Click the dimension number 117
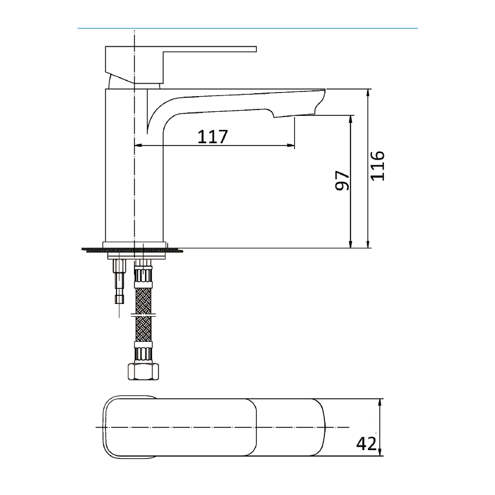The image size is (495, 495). (x=213, y=137)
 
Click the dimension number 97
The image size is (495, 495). (x=342, y=181)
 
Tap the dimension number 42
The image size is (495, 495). (x=365, y=444)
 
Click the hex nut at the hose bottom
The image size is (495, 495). (x=143, y=372)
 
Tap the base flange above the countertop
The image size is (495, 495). (x=134, y=245)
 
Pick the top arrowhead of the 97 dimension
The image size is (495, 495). (x=351, y=119)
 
